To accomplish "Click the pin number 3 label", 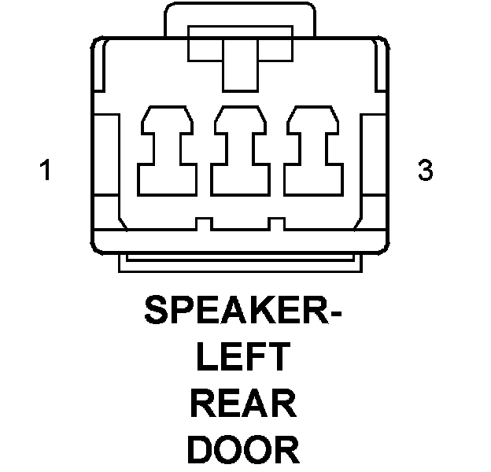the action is (425, 170).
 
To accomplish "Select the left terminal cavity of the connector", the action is (168, 149).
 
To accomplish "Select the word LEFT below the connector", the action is (243, 358).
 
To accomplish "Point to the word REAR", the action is (243, 404).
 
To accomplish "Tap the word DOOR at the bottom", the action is (243, 451).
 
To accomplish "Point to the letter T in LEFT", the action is (279, 358).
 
